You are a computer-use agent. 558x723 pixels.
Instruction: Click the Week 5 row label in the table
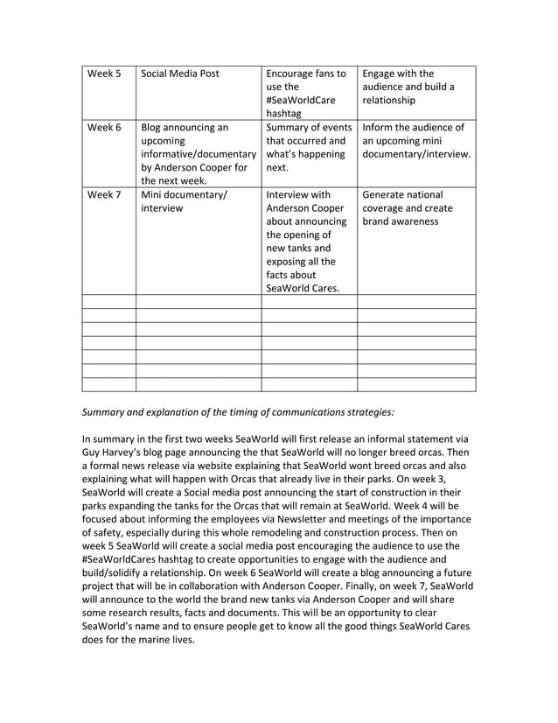click(x=104, y=74)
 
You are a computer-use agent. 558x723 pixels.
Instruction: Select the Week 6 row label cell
click(x=104, y=128)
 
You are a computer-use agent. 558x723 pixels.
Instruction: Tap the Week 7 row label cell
click(x=104, y=194)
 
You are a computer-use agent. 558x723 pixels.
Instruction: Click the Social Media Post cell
click(x=180, y=74)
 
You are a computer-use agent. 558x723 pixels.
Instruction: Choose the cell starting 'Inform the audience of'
click(x=415, y=141)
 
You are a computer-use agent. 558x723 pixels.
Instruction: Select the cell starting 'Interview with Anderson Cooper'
click(x=305, y=242)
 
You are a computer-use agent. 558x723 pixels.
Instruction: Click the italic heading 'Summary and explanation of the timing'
click(x=237, y=411)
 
